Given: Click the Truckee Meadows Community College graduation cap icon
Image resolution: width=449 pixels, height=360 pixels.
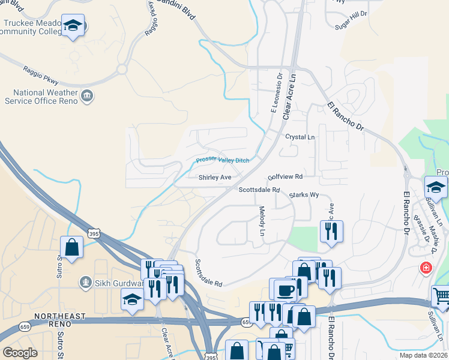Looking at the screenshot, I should pos(73,26).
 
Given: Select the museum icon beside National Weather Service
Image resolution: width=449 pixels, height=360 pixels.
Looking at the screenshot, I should pos(88,96).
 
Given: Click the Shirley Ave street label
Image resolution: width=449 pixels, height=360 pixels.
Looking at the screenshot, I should pos(215,178).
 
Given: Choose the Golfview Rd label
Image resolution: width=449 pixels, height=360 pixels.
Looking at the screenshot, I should pos(285,177).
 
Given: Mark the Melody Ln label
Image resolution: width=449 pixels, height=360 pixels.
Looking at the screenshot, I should pos(262,221).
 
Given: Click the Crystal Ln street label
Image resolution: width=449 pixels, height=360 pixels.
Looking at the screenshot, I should pos(300,137).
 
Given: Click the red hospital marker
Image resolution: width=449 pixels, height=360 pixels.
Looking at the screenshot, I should pos(426,267).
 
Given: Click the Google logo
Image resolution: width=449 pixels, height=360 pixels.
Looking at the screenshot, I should pos(20,353).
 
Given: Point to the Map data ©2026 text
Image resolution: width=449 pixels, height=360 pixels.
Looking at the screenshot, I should pos(423,355).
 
